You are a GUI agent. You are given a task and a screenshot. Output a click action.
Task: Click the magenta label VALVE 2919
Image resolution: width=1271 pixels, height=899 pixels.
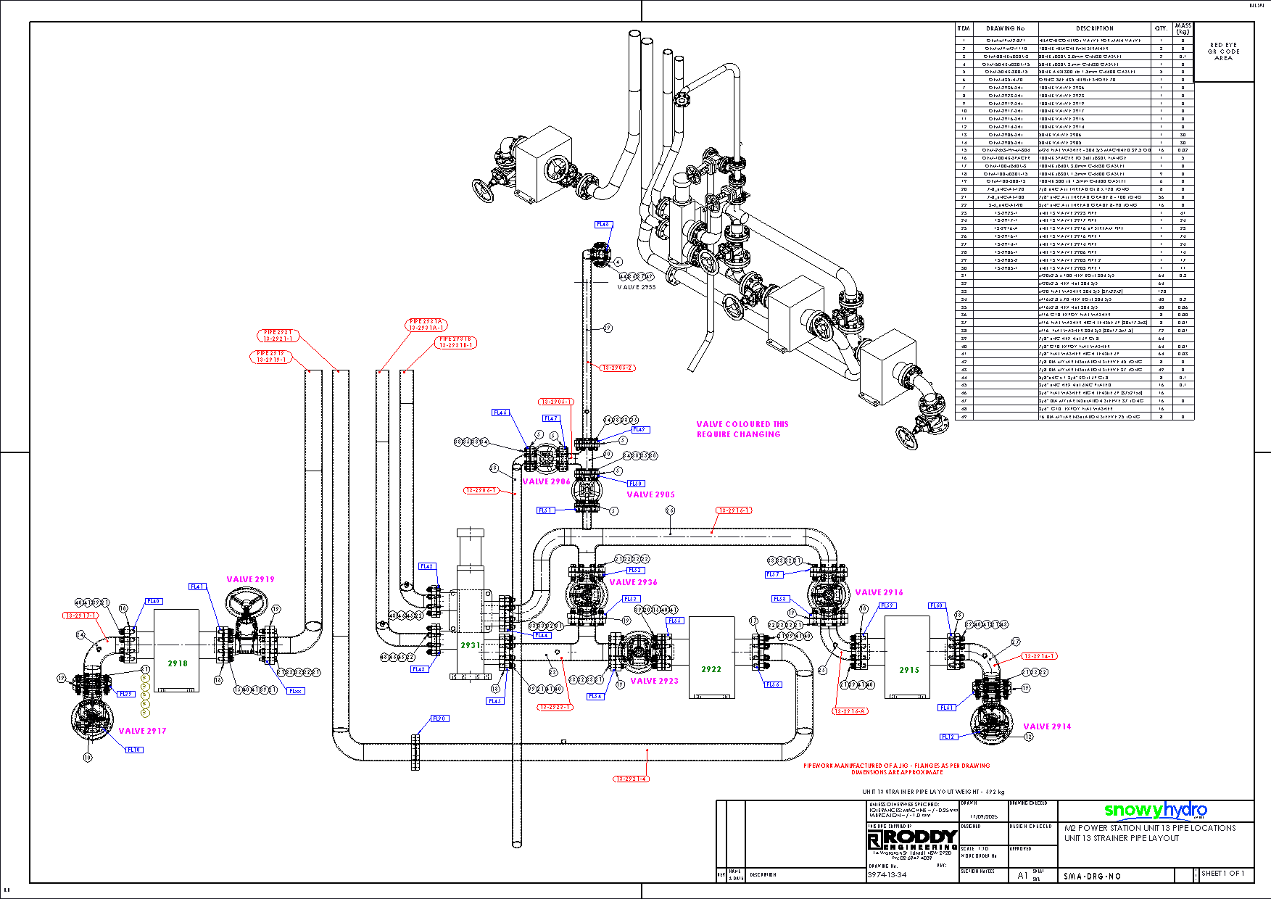click(x=250, y=579)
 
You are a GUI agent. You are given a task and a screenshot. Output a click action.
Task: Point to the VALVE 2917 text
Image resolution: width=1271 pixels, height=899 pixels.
click(x=142, y=731)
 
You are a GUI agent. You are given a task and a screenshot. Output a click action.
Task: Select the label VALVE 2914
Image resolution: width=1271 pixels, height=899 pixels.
click(x=1047, y=726)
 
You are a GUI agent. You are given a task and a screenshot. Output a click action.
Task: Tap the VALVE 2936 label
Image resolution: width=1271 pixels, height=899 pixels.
click(x=633, y=582)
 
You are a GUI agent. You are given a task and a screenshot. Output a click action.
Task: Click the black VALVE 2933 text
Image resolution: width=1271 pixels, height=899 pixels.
click(x=636, y=287)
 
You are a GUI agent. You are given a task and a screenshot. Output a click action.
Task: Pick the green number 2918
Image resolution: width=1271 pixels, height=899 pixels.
click(x=178, y=663)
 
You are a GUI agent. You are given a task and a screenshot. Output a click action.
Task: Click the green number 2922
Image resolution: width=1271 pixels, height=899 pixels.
click(x=711, y=669)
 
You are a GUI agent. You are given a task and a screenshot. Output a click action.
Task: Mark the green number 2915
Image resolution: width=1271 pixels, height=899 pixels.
click(x=909, y=670)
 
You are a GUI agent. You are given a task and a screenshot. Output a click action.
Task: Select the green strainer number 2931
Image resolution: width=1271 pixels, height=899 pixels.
click(x=471, y=645)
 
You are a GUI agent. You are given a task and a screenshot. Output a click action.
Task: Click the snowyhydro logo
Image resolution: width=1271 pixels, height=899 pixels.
click(x=1156, y=811)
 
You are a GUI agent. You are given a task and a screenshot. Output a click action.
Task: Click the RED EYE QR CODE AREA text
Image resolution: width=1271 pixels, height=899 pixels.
click(x=1224, y=51)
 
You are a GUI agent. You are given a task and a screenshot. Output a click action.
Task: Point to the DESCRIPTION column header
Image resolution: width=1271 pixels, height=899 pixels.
click(x=1095, y=28)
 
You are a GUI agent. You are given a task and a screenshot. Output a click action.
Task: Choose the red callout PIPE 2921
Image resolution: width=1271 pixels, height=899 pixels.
click(x=278, y=335)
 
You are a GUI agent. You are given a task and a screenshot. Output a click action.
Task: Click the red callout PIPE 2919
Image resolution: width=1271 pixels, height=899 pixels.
click(x=271, y=356)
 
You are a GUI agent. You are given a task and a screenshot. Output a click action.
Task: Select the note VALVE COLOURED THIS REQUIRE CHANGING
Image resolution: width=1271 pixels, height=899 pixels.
click(x=742, y=429)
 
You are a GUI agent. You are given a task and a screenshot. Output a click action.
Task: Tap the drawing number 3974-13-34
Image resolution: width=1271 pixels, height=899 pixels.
click(x=887, y=875)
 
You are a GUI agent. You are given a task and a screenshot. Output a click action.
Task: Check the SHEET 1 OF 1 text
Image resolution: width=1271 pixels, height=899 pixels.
click(x=1222, y=874)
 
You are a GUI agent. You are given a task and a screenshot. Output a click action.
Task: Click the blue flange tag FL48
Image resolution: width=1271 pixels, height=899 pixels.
click(x=603, y=225)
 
